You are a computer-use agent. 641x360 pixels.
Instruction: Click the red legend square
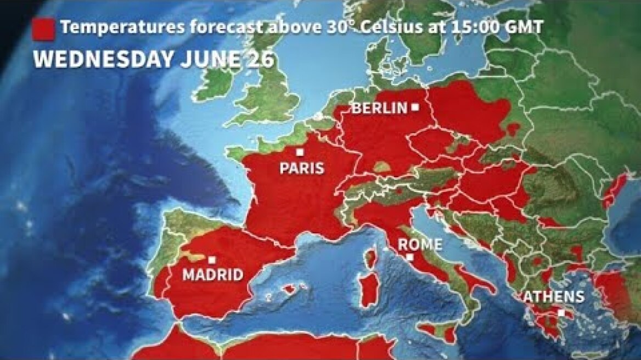click(44, 29)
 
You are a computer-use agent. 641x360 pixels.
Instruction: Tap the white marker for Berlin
click(416, 108)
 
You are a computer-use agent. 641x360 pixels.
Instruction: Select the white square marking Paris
click(300, 152)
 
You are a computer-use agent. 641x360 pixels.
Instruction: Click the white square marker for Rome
click(409, 257)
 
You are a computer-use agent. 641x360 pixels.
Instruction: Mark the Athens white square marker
click(561, 312)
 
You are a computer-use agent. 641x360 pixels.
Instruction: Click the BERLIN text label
click(379, 108)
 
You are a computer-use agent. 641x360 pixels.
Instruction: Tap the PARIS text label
click(302, 168)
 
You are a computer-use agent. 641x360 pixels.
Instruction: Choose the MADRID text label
click(212, 274)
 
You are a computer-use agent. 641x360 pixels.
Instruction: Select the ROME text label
click(420, 244)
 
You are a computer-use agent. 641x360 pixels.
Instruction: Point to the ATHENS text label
click(553, 297)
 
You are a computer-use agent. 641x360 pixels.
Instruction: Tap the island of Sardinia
click(369, 291)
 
